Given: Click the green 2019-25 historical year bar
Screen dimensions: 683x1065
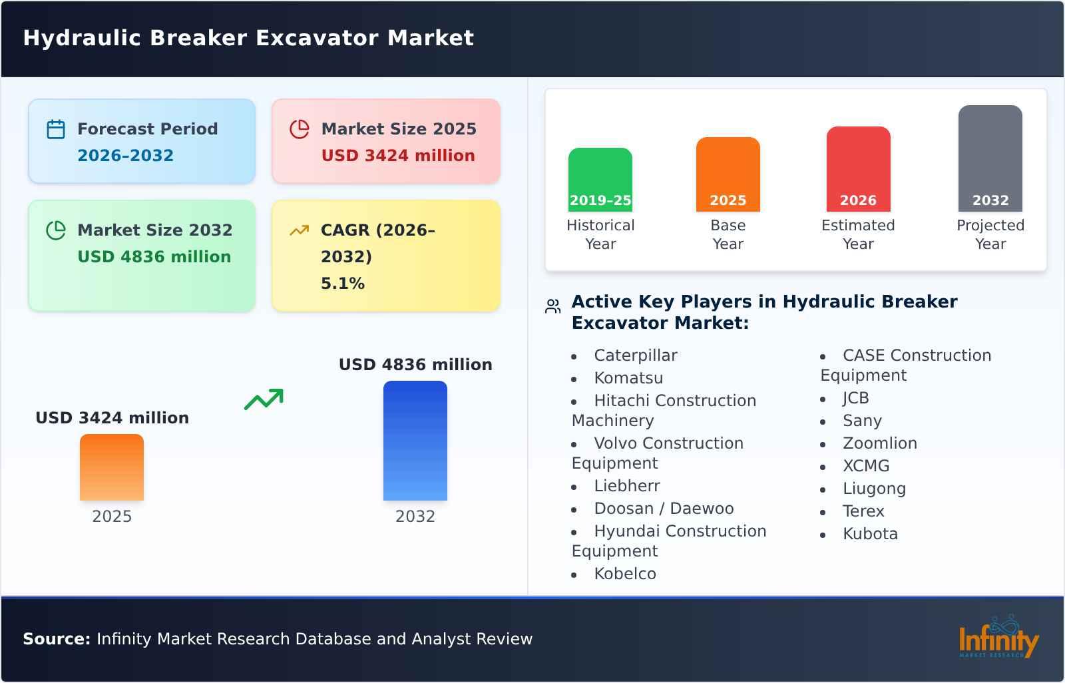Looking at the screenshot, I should click(600, 179).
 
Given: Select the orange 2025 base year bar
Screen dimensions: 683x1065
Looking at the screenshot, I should click(728, 174).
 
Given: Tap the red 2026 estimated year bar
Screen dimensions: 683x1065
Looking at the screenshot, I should click(858, 168).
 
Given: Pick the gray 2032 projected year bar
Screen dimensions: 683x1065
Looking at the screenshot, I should click(990, 158).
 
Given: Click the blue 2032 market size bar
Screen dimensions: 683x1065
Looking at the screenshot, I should click(415, 440).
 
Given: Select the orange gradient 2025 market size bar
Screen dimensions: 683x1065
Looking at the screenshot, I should click(112, 467).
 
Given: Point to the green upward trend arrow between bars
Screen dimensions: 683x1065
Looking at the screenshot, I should click(264, 399).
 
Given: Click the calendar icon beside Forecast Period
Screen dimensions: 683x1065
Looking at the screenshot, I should click(56, 129).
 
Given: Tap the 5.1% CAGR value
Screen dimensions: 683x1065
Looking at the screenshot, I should click(342, 284).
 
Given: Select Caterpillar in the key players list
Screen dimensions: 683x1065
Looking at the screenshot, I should click(635, 355).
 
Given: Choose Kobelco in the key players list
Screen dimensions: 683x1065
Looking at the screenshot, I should click(624, 574).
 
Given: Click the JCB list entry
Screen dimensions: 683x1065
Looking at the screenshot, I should click(855, 398).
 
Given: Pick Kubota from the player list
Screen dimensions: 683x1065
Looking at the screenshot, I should click(870, 534).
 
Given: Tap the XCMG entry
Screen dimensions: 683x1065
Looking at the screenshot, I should click(865, 466).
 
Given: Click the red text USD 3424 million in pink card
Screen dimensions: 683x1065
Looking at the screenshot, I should click(398, 156).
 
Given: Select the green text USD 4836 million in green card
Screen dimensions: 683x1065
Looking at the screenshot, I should click(154, 257).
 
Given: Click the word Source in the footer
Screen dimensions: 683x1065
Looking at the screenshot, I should click(56, 639).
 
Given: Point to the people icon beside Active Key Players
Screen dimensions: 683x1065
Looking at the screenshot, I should click(552, 307).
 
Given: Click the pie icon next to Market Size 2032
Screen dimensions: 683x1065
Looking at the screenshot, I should click(56, 230).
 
